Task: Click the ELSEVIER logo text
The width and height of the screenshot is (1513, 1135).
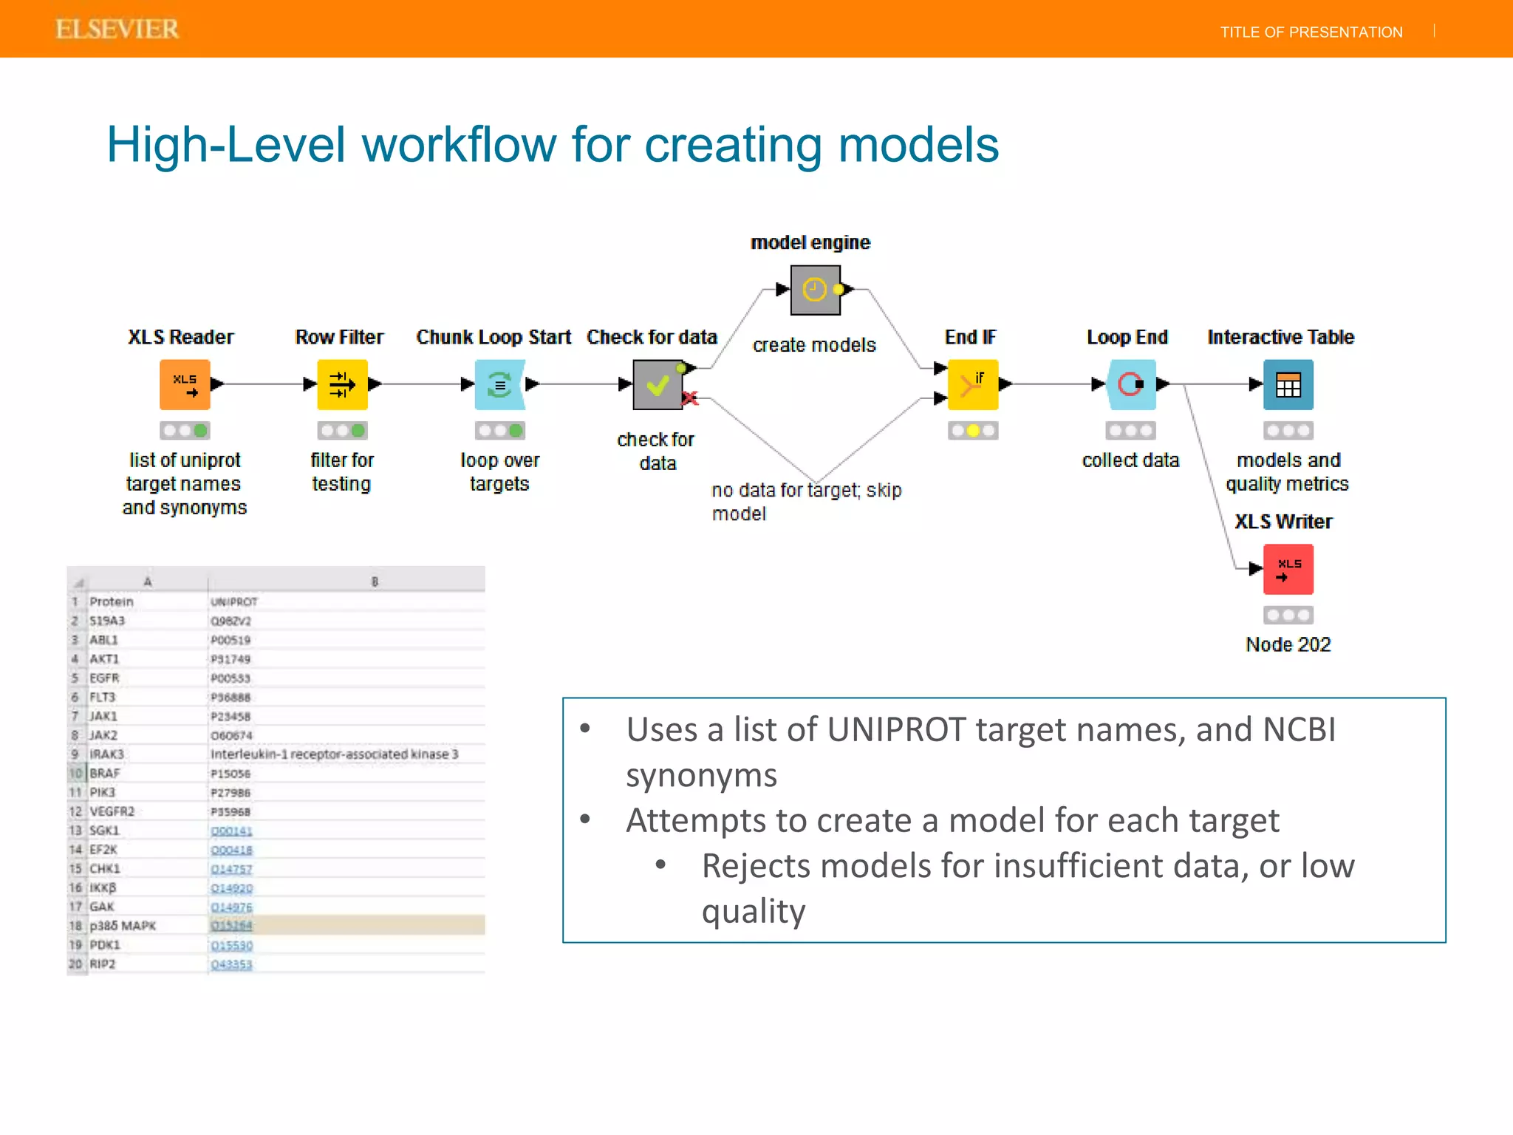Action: pos(117,29)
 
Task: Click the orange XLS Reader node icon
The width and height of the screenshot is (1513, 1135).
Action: pos(185,384)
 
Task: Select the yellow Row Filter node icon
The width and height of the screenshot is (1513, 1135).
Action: pos(342,384)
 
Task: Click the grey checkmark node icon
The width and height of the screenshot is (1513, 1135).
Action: pos(658,384)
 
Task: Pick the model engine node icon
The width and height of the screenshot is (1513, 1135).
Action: pos(815,290)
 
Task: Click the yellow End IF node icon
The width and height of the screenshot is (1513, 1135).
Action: pos(973,384)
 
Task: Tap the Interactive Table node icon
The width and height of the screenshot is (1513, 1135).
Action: pos(1288,384)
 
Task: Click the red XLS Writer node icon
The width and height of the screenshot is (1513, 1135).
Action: pos(1288,569)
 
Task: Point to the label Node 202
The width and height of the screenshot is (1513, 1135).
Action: pos(1288,644)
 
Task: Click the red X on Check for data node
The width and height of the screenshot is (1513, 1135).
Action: pos(690,399)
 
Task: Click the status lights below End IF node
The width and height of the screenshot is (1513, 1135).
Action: pos(973,430)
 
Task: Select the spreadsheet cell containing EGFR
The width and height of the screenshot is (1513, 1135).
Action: pos(104,678)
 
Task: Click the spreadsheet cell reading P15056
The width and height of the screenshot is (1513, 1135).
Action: pos(230,774)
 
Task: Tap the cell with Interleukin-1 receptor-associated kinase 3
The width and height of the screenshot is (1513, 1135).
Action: pos(334,754)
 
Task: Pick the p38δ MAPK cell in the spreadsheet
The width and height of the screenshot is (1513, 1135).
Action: pos(123,926)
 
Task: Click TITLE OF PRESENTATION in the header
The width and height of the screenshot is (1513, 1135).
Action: pos(1311,32)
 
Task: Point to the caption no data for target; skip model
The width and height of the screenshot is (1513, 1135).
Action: pos(806,501)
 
